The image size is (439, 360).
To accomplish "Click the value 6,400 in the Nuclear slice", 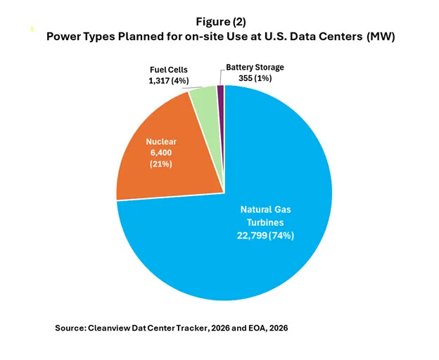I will (x=160, y=153).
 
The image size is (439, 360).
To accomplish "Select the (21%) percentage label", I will (x=160, y=164).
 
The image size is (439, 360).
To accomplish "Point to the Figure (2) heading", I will (x=220, y=22).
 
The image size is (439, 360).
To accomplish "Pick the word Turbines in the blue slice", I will (x=267, y=222).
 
